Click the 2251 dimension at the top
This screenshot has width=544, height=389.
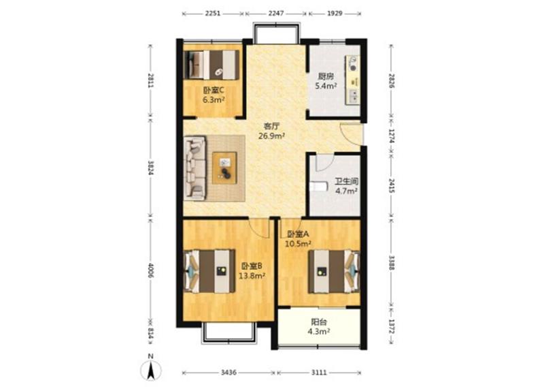pyautogui.click(x=213, y=14)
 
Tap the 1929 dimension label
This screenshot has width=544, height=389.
pyautogui.click(x=335, y=14)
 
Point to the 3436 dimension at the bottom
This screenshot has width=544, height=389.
pyautogui.click(x=228, y=373)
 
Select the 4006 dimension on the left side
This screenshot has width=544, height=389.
pyautogui.click(x=150, y=270)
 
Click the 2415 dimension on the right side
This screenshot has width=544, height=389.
pyautogui.click(x=392, y=186)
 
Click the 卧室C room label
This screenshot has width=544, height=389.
pyautogui.click(x=214, y=91)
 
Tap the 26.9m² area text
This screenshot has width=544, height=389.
pyautogui.click(x=271, y=136)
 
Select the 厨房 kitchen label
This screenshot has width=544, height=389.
pyautogui.click(x=326, y=76)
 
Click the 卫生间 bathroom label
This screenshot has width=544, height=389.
pyautogui.click(x=346, y=181)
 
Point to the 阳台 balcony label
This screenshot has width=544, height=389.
pyautogui.click(x=318, y=322)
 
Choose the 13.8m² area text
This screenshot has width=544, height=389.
pyautogui.click(x=252, y=276)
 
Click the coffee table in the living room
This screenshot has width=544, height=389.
pyautogui.click(x=224, y=168)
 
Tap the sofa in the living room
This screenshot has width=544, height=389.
pyautogui.click(x=194, y=168)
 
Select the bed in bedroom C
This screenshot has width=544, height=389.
pyautogui.click(x=211, y=65)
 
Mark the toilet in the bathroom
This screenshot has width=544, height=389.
pyautogui.click(x=319, y=187)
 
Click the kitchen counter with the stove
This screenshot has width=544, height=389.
pyautogui.click(x=352, y=80)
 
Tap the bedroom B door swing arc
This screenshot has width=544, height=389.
pyautogui.click(x=259, y=229)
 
